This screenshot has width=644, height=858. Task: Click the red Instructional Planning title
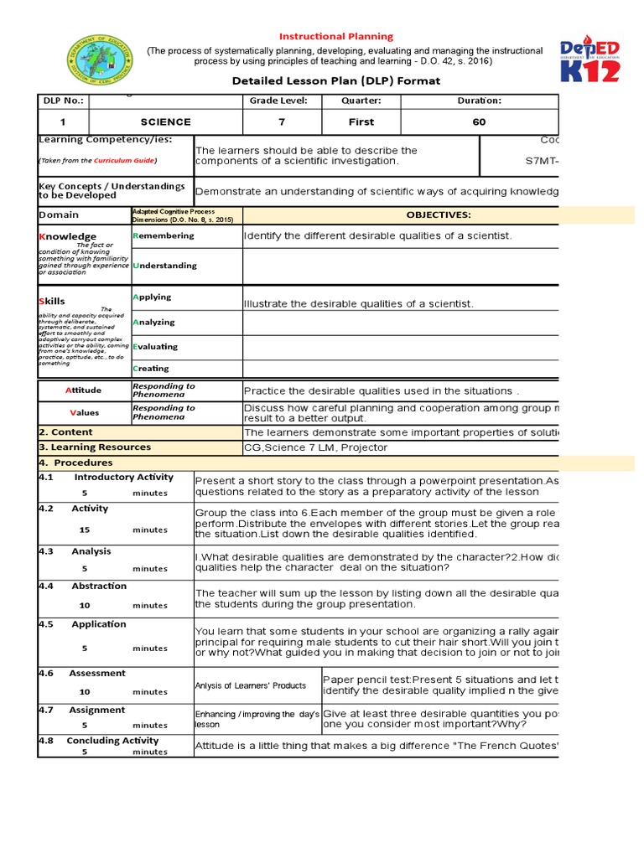click(x=335, y=37)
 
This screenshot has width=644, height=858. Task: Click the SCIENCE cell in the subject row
click(x=165, y=122)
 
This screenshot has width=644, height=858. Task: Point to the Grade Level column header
click(x=273, y=101)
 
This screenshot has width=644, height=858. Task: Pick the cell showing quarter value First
click(x=361, y=122)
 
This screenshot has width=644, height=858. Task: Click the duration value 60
click(x=479, y=122)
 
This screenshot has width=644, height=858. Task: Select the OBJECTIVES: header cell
click(x=439, y=215)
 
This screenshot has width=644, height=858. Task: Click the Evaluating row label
click(x=155, y=347)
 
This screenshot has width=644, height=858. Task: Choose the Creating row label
click(x=151, y=369)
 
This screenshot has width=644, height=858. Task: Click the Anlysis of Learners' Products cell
click(x=251, y=685)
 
